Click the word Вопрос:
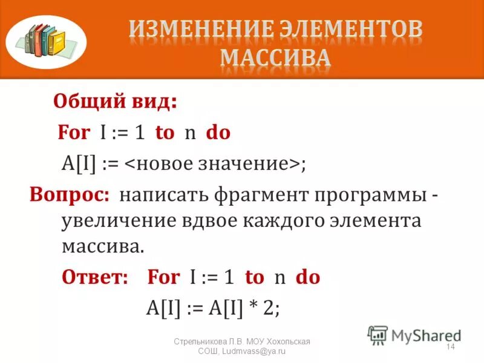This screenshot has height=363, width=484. tap(70, 195)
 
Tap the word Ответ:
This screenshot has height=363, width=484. tap(95, 277)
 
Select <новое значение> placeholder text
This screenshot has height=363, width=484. tap(211, 164)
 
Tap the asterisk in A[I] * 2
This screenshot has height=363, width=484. tap(252, 307)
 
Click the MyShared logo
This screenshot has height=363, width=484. tap(414, 334)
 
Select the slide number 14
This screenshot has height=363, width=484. tap(450, 347)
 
